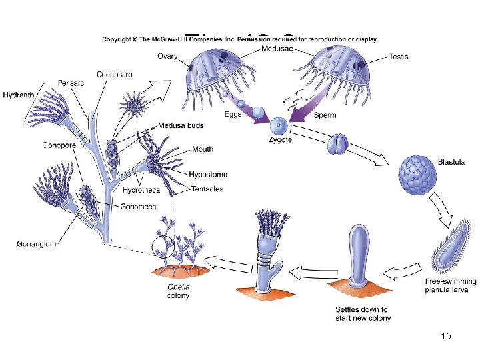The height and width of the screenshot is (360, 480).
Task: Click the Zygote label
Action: (x=279, y=140)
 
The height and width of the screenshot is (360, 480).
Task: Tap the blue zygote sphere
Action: (x=279, y=126)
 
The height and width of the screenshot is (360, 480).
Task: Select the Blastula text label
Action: (x=451, y=162)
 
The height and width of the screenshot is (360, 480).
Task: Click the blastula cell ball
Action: (x=417, y=175)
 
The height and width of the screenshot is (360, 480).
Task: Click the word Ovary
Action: (x=167, y=57)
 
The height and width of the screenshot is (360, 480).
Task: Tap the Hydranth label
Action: (x=17, y=95)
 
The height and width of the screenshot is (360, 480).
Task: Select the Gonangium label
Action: (x=35, y=244)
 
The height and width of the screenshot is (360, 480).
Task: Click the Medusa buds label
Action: (x=181, y=125)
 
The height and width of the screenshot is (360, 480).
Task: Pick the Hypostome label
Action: (x=207, y=174)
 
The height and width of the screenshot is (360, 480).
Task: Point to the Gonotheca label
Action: (x=138, y=207)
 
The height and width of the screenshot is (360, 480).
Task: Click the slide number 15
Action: (x=446, y=336)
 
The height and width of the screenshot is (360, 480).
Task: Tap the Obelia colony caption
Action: (x=178, y=291)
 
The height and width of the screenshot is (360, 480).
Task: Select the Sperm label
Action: (x=325, y=115)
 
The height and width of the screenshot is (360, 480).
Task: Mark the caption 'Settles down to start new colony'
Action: (x=362, y=313)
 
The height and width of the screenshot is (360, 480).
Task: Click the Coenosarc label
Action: (x=114, y=73)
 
